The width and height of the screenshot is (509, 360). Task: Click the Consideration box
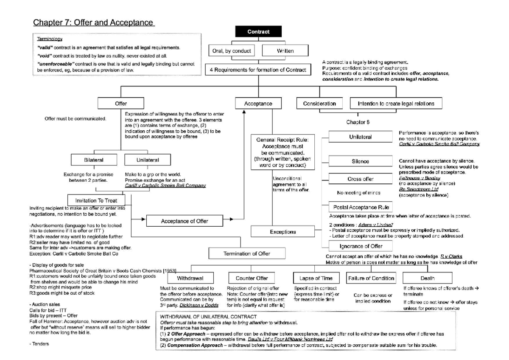319,103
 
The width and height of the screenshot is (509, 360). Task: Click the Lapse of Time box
316,278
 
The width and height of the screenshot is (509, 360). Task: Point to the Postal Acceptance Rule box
360,207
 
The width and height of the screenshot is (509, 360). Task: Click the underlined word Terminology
50,39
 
